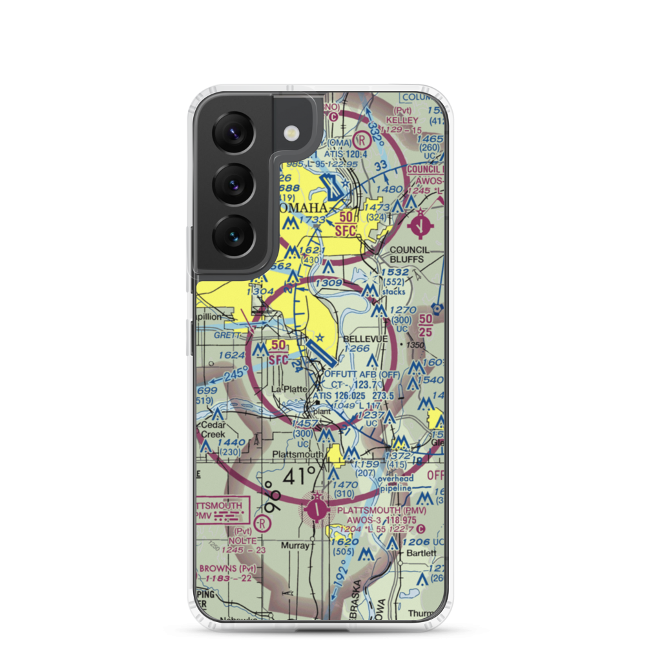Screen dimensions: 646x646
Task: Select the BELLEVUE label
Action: click(366, 339)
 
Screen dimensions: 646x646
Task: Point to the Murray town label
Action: click(296, 545)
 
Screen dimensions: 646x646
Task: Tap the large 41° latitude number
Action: click(299, 478)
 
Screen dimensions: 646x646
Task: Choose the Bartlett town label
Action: click(421, 554)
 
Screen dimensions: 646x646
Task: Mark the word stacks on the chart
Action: click(393, 291)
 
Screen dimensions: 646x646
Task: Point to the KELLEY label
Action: click(403, 121)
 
